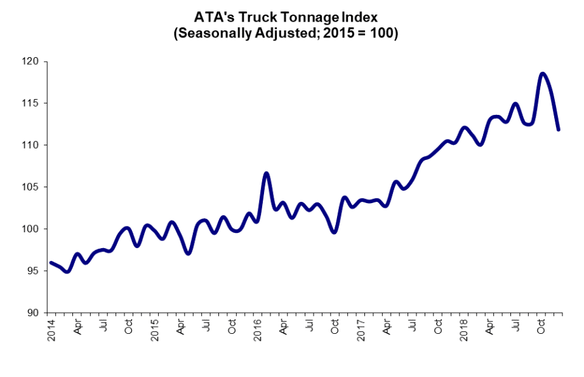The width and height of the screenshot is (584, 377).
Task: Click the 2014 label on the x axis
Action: pyautogui.click(x=51, y=331)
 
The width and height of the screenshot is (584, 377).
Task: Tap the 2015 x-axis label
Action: pyautogui.click(x=154, y=331)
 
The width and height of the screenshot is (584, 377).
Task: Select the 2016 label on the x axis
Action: pyautogui.click(x=258, y=331)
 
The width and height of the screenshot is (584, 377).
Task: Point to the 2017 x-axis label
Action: pyautogui.click(x=361, y=331)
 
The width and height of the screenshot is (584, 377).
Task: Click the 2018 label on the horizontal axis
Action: pyautogui.click(x=464, y=331)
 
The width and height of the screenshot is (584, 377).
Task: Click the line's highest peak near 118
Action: pyautogui.click(x=542, y=74)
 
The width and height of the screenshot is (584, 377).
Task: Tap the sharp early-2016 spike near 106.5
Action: pyautogui.click(x=267, y=173)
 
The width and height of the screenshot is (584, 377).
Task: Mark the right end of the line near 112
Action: pyautogui.click(x=559, y=129)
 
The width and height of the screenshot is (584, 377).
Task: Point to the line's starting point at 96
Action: pyautogui.click(x=51, y=263)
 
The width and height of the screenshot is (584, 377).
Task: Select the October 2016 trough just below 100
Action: pyautogui.click(x=335, y=232)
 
